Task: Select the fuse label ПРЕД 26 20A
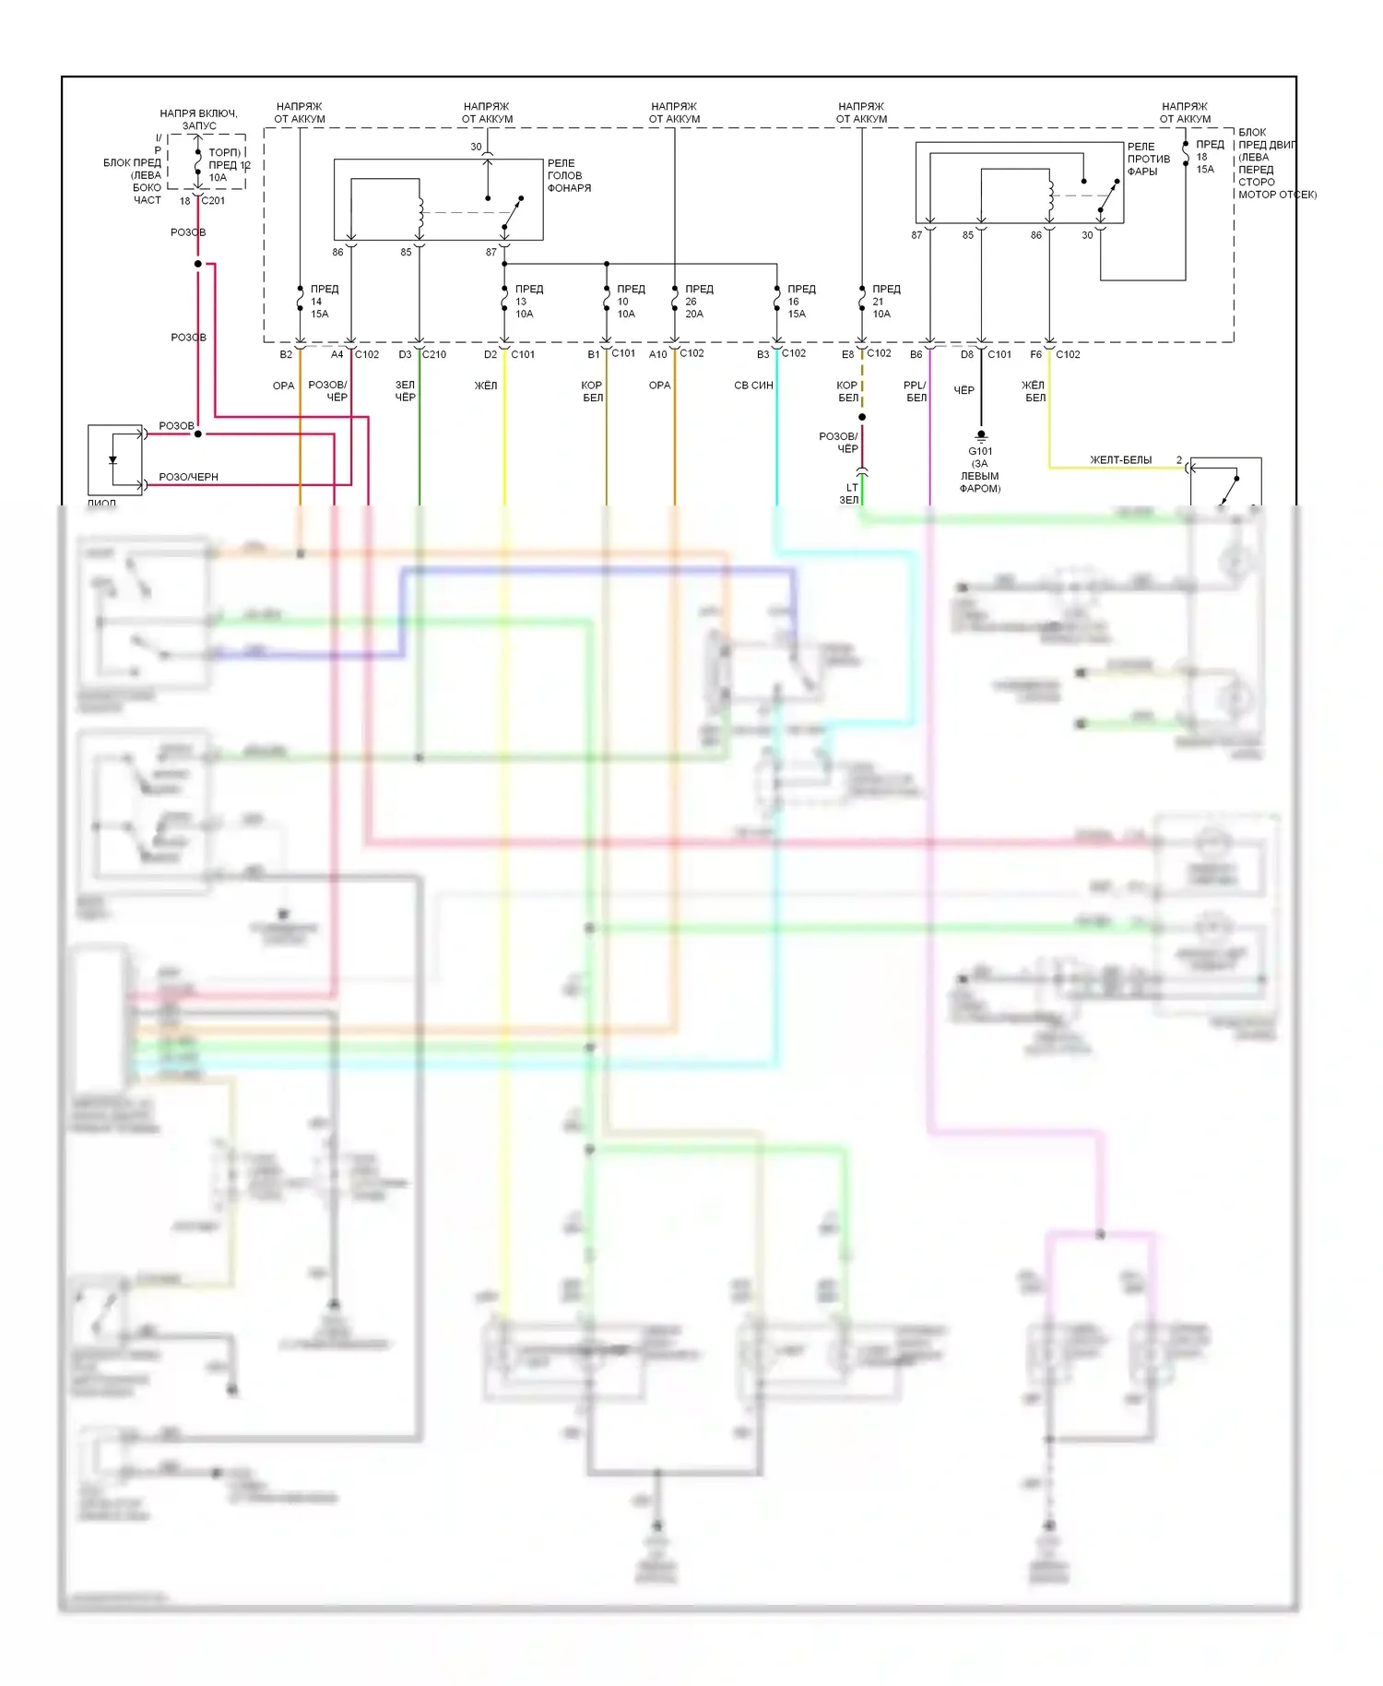pyautogui.click(x=698, y=302)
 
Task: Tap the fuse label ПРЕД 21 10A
pyautogui.click(x=885, y=302)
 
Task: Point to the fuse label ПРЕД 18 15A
pyautogui.click(x=1208, y=157)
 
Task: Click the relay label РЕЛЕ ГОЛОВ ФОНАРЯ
pyautogui.click(x=568, y=175)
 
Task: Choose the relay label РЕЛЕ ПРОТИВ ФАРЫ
pyautogui.click(x=1148, y=159)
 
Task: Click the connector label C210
pyautogui.click(x=434, y=354)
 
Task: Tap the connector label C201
pyautogui.click(x=213, y=200)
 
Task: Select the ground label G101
pyautogui.click(x=980, y=451)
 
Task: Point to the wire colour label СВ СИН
pyautogui.click(x=753, y=386)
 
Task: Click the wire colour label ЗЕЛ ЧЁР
pyautogui.click(x=406, y=391)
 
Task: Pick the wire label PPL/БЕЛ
pyautogui.click(x=916, y=391)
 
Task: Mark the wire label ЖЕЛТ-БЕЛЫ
pyautogui.click(x=1120, y=459)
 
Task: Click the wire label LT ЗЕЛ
pyautogui.click(x=849, y=493)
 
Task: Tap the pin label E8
pyautogui.click(x=847, y=354)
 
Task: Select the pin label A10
pyautogui.click(x=657, y=354)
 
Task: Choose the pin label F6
pyautogui.click(x=1035, y=354)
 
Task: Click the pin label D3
pyautogui.click(x=405, y=354)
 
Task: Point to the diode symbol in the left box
pyautogui.click(x=113, y=459)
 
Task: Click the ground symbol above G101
pyautogui.click(x=981, y=434)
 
